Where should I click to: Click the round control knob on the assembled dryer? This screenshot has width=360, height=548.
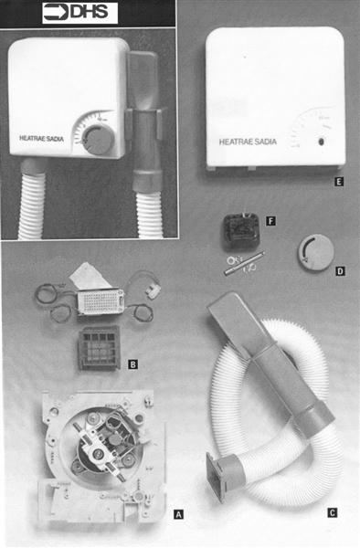point(94,139)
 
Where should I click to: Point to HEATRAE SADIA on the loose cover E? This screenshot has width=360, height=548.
point(249,142)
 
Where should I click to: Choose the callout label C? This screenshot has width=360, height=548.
point(332,512)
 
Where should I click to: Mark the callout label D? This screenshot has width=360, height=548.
point(341,271)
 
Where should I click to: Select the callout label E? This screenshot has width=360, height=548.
point(339,182)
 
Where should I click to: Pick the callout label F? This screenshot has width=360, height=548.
point(270,221)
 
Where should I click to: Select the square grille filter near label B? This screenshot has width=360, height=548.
point(99,348)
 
